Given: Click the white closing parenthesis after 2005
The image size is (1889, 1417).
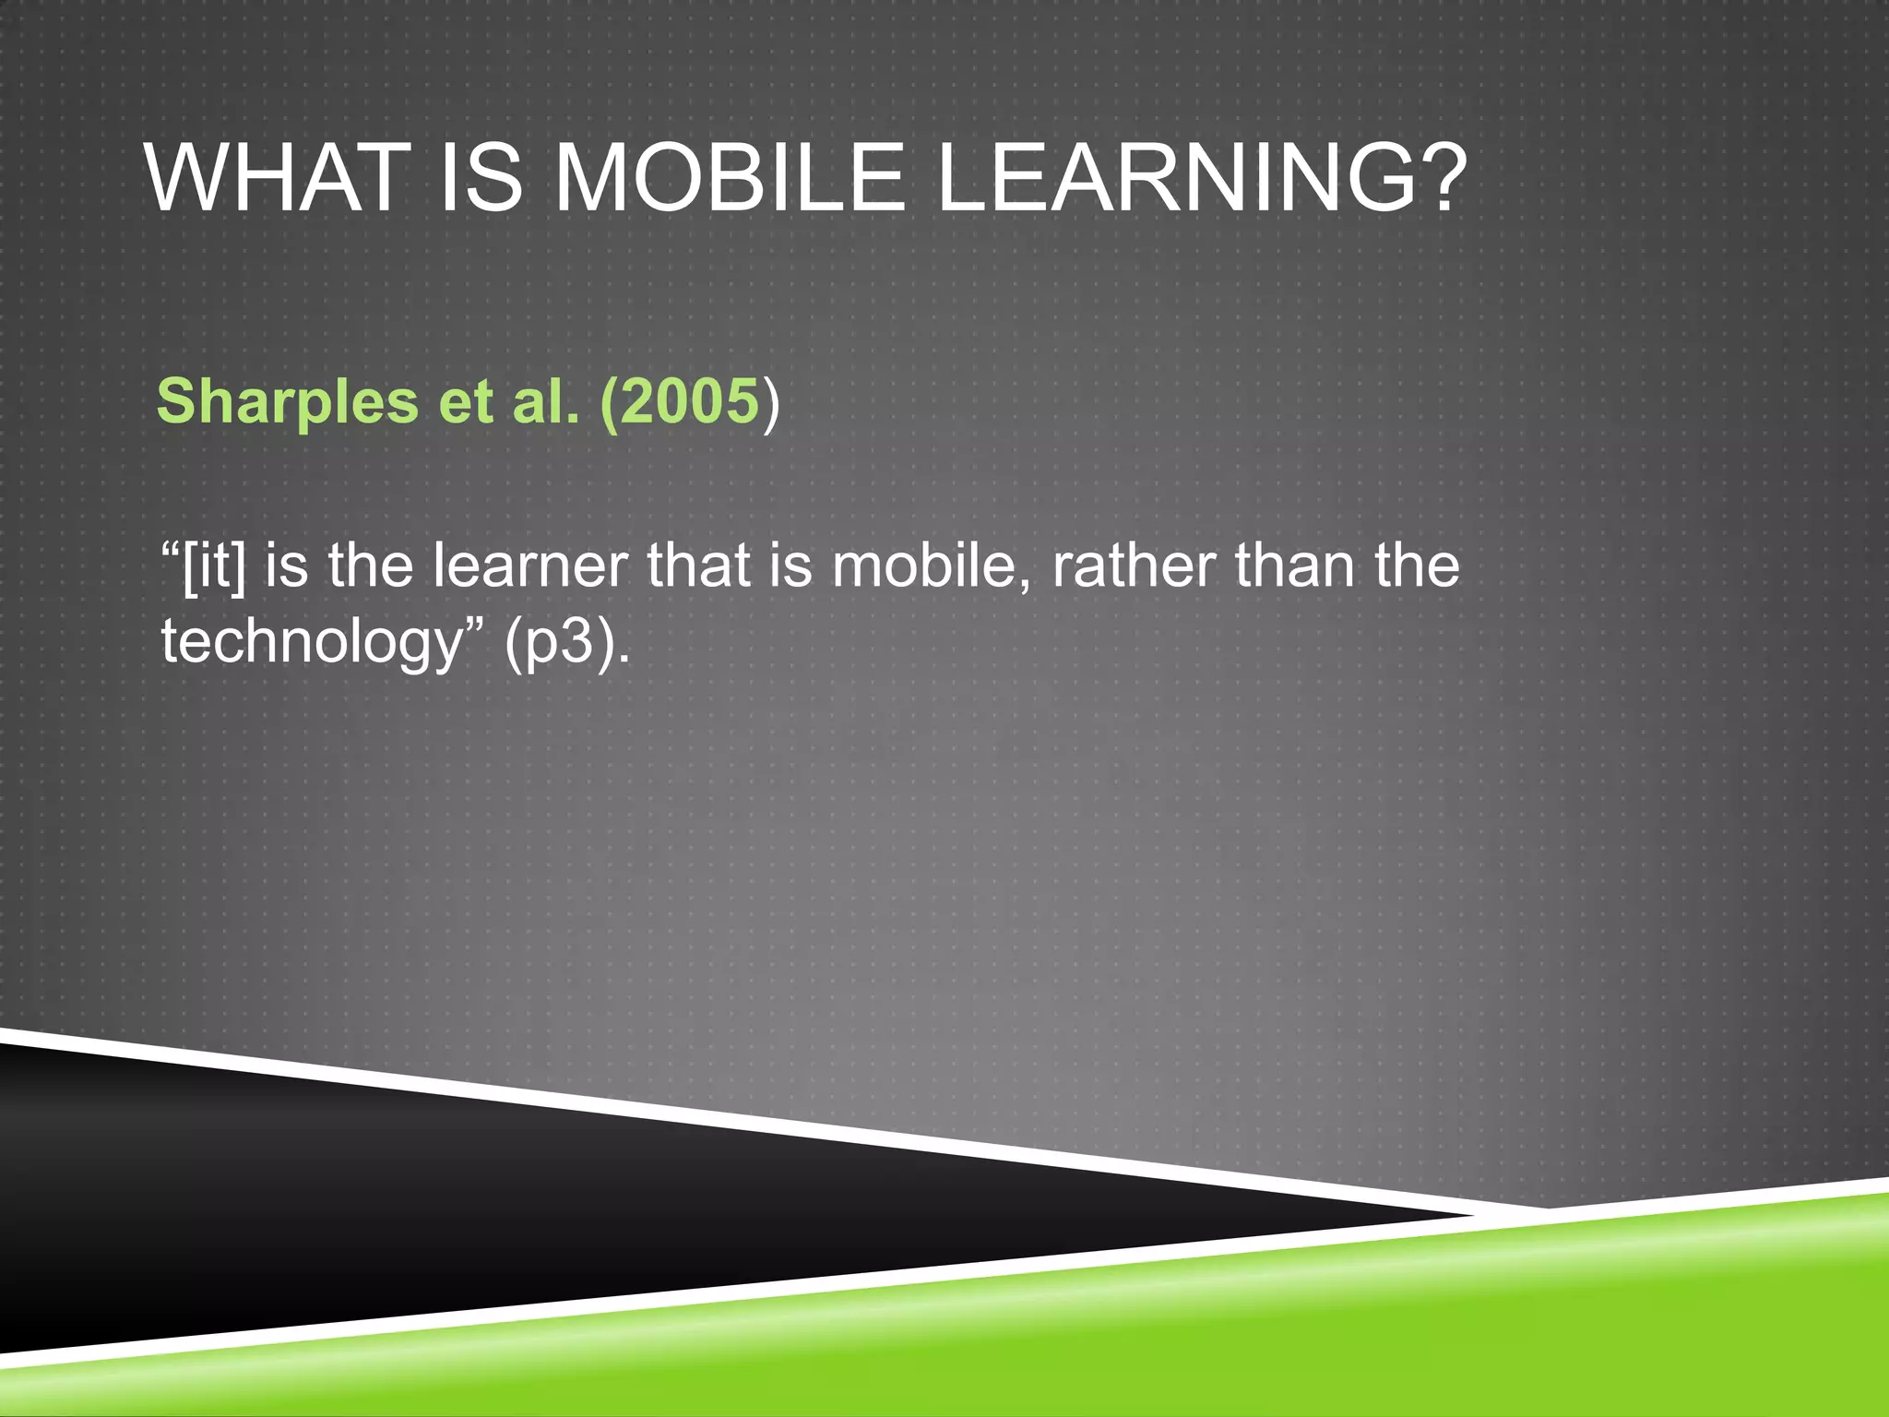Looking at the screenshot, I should (771, 403).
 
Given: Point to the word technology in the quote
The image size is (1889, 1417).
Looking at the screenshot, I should (310, 642).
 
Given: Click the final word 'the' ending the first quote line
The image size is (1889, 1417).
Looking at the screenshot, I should (1417, 566).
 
